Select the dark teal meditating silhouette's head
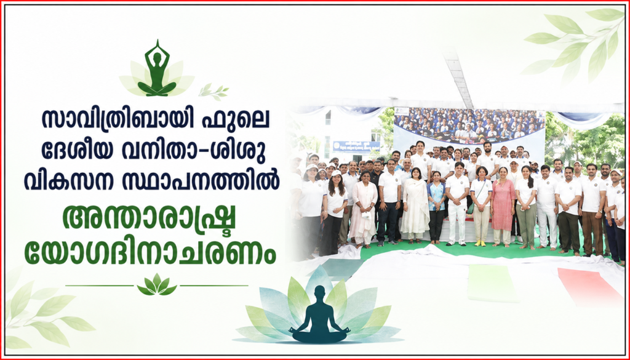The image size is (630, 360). pyautogui.click(x=320, y=293)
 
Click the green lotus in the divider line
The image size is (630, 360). pyautogui.click(x=157, y=285)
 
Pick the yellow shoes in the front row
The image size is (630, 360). pyautogui.click(x=479, y=242)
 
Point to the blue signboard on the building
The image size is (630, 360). pyautogui.click(x=356, y=146)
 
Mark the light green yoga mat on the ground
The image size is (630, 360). pyautogui.click(x=492, y=282)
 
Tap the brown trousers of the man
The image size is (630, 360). pyautogui.click(x=592, y=233)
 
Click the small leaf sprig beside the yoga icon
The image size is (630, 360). pyautogui.click(x=213, y=92)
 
